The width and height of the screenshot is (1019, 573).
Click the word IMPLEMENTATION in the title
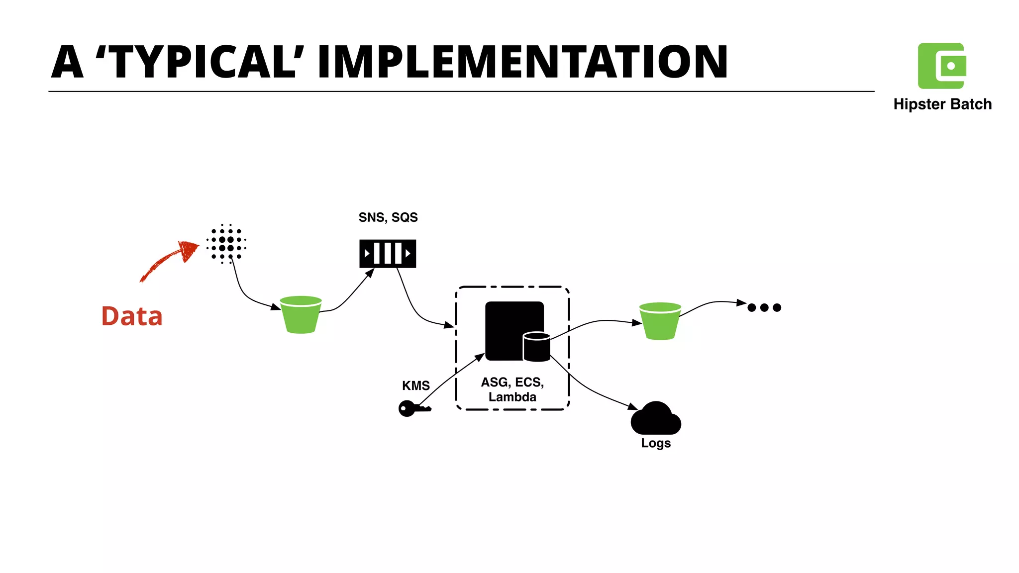(x=522, y=62)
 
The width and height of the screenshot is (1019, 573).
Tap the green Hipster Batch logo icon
(x=941, y=66)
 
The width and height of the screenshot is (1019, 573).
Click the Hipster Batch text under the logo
(x=942, y=104)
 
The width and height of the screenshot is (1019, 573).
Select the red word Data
(x=132, y=316)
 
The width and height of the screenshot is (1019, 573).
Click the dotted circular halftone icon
(x=226, y=244)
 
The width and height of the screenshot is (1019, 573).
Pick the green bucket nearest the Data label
(x=301, y=314)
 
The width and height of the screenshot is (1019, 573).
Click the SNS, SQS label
(x=388, y=217)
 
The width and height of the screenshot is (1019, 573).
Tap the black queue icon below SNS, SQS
(x=388, y=254)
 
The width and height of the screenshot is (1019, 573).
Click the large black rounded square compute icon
(x=508, y=326)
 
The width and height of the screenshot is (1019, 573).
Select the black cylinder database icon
(x=536, y=347)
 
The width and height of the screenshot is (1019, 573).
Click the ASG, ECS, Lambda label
(x=512, y=389)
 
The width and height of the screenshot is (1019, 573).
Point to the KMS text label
(x=416, y=385)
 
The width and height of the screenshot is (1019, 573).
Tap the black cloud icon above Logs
(x=655, y=419)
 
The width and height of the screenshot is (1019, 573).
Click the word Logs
(x=656, y=443)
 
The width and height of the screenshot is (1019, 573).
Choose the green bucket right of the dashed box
(x=660, y=321)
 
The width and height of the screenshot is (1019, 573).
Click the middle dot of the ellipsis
(x=764, y=307)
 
